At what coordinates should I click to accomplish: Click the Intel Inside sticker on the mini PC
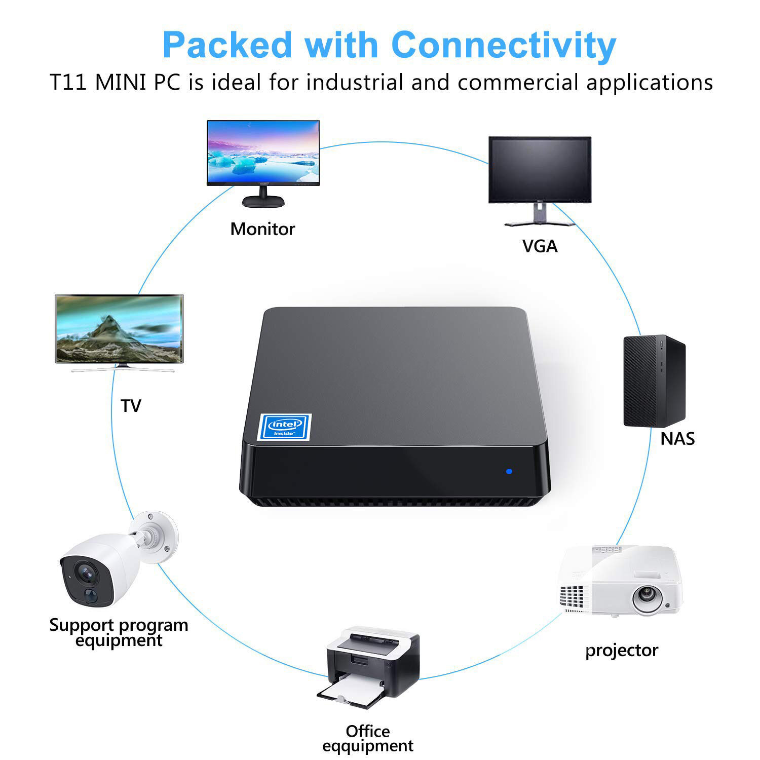coord(285,427)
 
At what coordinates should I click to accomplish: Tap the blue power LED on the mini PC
coord(509,471)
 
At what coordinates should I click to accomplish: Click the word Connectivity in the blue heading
coord(504,46)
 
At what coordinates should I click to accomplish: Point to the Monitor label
coord(262,229)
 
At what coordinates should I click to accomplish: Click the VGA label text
coord(540,246)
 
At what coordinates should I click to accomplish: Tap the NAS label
coord(677,438)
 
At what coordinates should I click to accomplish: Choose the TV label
coord(131,406)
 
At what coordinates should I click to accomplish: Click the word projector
coord(621,650)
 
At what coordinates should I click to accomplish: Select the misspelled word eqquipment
coord(368,746)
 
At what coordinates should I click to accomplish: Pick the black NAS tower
coord(654,381)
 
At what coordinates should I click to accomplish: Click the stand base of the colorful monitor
coord(263,201)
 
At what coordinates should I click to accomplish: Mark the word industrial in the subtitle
coord(355,83)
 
